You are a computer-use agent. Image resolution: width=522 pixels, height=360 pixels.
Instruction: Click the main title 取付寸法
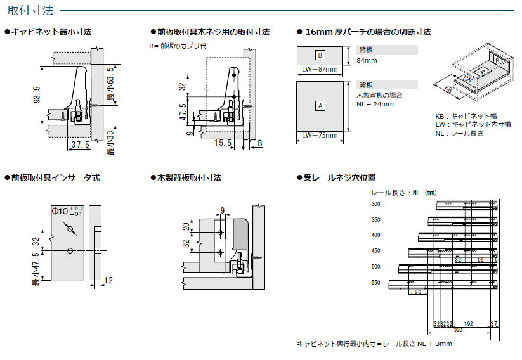[x=30, y=10]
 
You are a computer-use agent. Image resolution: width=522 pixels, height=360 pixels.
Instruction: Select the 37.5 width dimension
[x=79, y=145]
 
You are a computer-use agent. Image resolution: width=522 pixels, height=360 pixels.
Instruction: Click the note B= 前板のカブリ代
[x=178, y=46]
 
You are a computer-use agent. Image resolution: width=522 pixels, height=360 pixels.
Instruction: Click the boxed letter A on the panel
[x=320, y=106]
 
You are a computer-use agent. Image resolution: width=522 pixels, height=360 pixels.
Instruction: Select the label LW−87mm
[x=320, y=69]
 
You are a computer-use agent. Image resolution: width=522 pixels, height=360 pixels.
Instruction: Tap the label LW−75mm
[x=320, y=135]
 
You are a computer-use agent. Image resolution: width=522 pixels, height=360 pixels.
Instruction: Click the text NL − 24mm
[x=375, y=103]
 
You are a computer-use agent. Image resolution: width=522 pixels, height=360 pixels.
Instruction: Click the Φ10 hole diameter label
[x=67, y=211]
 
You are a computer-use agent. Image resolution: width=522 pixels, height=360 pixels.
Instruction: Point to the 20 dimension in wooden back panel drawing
[x=186, y=226]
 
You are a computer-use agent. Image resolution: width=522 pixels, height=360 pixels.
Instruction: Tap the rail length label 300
[x=375, y=204]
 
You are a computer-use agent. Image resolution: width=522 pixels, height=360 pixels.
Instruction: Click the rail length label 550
[x=375, y=282]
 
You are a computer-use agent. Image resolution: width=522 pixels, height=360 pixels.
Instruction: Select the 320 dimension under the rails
[x=457, y=330]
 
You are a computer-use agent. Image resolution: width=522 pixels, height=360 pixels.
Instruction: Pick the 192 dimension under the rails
[x=469, y=323]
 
